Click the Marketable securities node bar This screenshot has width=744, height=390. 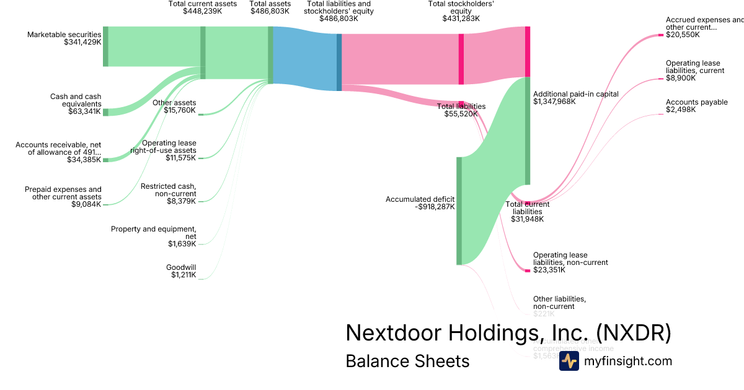point(105,46)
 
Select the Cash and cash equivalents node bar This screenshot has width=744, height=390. point(105,112)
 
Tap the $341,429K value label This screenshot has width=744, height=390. point(82,43)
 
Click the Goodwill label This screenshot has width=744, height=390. point(181,267)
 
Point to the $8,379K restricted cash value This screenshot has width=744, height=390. point(181,201)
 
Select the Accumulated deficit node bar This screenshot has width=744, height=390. point(459,210)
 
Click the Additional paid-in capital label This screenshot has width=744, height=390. point(575,93)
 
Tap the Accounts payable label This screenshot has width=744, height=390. point(696,102)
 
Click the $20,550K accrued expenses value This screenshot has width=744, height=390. point(683,35)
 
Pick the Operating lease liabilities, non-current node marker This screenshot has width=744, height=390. point(528,271)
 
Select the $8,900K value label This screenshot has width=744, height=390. point(681,79)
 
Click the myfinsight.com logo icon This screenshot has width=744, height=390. point(569,361)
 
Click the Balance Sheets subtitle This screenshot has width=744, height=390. point(407,361)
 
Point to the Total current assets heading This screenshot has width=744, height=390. point(203,4)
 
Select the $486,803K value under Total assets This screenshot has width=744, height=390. point(270,11)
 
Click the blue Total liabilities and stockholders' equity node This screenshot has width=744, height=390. point(339,62)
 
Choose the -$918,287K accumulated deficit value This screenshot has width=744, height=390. point(435,207)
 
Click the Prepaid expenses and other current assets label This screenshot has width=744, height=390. point(63,193)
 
